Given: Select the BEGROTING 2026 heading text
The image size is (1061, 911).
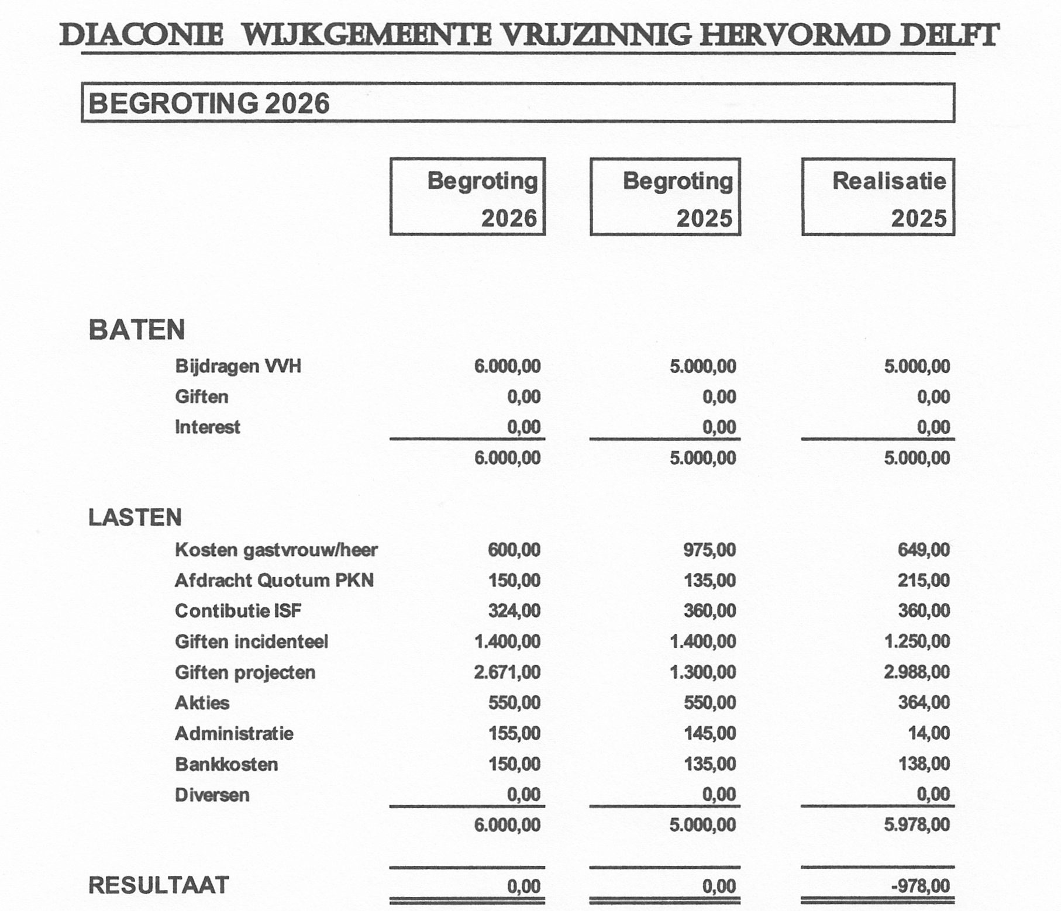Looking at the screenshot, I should click(209, 103).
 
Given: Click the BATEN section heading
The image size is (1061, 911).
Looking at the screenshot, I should click(136, 330).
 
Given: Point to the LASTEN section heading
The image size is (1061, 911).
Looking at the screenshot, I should click(135, 517).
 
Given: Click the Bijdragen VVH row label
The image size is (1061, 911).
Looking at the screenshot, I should click(238, 367).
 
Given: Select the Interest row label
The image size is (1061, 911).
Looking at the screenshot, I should click(207, 427).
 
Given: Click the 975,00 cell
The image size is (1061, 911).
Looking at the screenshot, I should click(709, 550).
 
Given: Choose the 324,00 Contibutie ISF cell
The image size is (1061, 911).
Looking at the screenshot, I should click(514, 611).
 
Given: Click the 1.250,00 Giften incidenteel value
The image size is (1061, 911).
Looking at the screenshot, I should click(917, 641).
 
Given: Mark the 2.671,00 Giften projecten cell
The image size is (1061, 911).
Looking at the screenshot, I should click(507, 672).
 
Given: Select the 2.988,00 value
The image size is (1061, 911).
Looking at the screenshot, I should click(917, 672).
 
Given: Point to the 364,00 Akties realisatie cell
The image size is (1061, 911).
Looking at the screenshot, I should click(924, 702).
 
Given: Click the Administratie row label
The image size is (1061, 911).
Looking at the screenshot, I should click(234, 733).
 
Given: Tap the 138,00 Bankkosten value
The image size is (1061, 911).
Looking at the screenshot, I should click(924, 764).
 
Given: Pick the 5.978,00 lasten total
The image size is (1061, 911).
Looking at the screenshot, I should click(917, 824).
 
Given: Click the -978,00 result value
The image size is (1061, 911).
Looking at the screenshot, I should click(920, 886).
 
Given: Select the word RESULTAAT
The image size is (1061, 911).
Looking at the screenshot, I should click(159, 885).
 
